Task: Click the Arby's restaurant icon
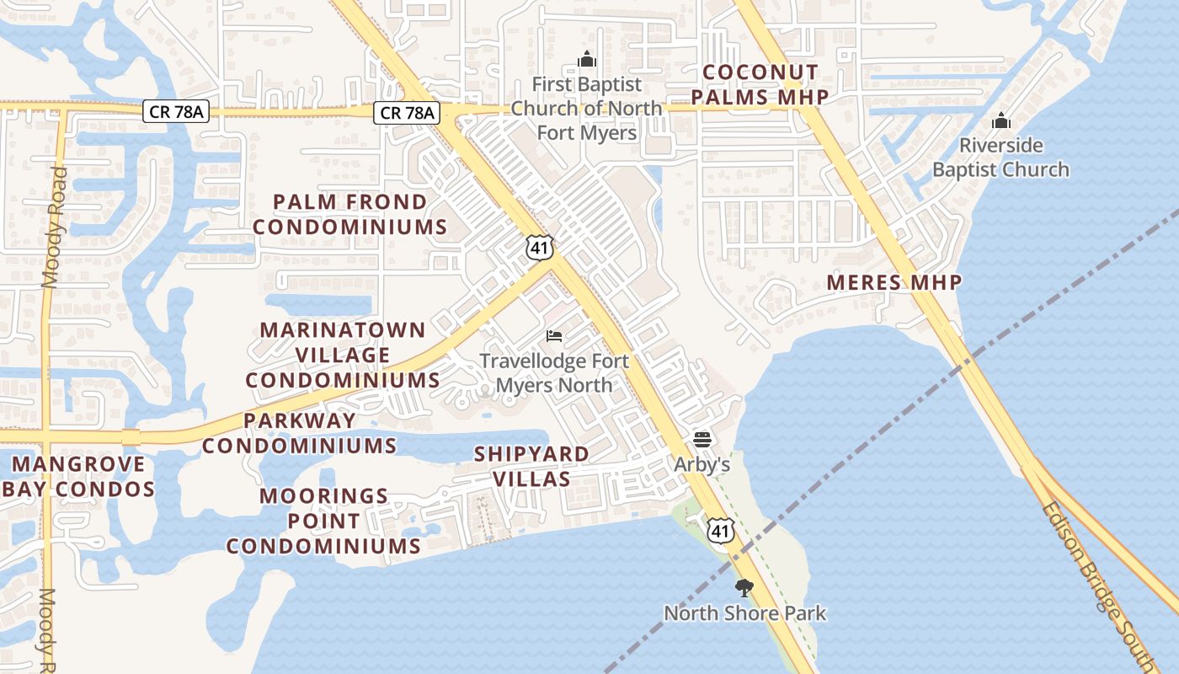click(x=702, y=439)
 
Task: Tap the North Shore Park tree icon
click(x=744, y=588)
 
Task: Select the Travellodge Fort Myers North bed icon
click(x=554, y=336)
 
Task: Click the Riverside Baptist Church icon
click(x=1000, y=121)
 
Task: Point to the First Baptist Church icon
click(x=587, y=59)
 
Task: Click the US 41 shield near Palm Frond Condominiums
click(x=539, y=248)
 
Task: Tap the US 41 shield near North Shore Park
click(x=721, y=531)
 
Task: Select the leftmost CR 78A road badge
click(x=174, y=111)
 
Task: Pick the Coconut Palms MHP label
click(x=760, y=84)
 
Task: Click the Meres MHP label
click(x=894, y=282)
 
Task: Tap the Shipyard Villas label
click(x=531, y=466)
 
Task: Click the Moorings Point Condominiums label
click(x=324, y=521)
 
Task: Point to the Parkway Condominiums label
click(x=299, y=432)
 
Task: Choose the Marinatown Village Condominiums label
click(x=343, y=355)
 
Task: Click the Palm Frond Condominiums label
click(x=350, y=214)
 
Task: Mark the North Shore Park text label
click(x=745, y=612)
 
